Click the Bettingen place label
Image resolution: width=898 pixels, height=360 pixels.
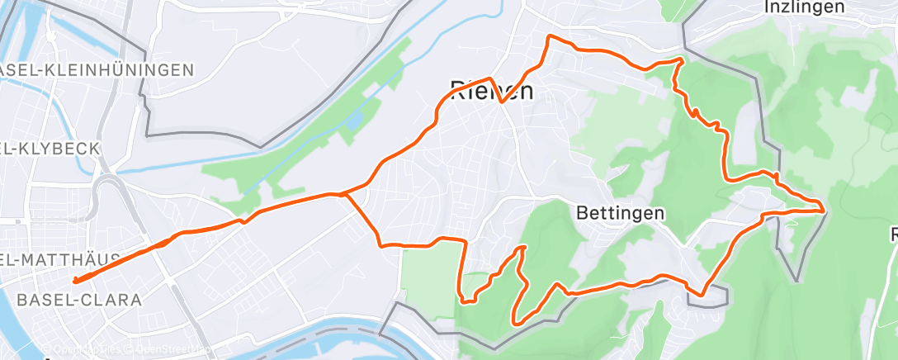click(619, 213)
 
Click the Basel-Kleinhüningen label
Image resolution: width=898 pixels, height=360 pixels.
click(97, 70)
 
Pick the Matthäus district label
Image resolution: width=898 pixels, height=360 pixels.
click(58, 260)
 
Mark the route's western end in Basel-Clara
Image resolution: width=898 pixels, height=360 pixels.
click(75, 281)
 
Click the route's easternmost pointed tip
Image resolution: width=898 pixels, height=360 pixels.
click(824, 210)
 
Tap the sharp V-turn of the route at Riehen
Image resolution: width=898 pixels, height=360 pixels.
click(501, 102)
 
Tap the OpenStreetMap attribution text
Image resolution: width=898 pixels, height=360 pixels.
click(165, 350)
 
